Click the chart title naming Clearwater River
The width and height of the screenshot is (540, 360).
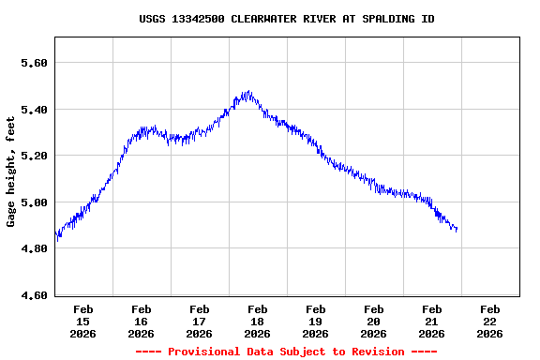pyautogui.click(x=286, y=19)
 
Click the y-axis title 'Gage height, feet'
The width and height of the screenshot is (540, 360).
pyautogui.click(x=11, y=179)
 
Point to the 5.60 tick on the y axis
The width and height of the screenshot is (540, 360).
pyautogui.click(x=34, y=63)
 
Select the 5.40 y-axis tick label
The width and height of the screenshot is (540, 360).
pyautogui.click(x=34, y=110)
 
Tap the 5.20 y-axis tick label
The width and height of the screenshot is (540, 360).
pyautogui.click(x=34, y=156)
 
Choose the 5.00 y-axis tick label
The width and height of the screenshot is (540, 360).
pyautogui.click(x=34, y=202)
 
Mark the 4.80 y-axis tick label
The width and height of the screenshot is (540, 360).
pyautogui.click(x=34, y=248)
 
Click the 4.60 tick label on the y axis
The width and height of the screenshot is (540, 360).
pyautogui.click(x=34, y=295)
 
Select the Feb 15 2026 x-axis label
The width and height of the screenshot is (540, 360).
pyautogui.click(x=83, y=321)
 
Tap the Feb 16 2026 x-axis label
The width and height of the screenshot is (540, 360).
pyautogui.click(x=142, y=321)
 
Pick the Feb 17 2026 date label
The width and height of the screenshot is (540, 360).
pyautogui.click(x=200, y=321)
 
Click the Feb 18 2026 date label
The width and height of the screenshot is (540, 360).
pyautogui.click(x=258, y=321)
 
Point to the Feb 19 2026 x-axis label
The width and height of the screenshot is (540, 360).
pyautogui.click(x=316, y=321)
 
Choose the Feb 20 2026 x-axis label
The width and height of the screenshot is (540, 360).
pyautogui.click(x=374, y=321)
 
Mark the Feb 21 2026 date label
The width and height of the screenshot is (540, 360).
pyautogui.click(x=432, y=321)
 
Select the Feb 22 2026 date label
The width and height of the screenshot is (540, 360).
pyautogui.click(x=490, y=321)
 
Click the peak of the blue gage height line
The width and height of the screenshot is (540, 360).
pyautogui.click(x=247, y=93)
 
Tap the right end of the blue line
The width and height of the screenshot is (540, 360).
pyautogui.click(x=457, y=229)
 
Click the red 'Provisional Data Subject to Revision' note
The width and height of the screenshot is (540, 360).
pyautogui.click(x=286, y=352)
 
